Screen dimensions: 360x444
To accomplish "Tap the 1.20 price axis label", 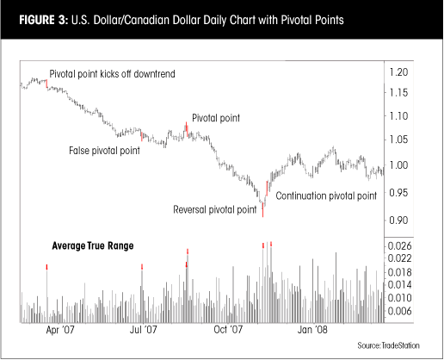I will pyautogui.click(x=400, y=71).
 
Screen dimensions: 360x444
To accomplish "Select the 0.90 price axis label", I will pyautogui.click(x=400, y=221).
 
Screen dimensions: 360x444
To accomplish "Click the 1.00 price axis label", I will pyautogui.click(x=400, y=166).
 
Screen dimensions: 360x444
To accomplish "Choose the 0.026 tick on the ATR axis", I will pyautogui.click(x=402, y=246).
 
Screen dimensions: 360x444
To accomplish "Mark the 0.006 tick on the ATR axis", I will pyautogui.click(x=402, y=312).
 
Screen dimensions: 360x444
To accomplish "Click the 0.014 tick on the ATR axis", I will pyautogui.click(x=402, y=285).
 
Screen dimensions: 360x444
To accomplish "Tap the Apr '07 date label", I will pyautogui.click(x=58, y=330).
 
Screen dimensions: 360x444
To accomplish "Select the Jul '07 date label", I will pyautogui.click(x=142, y=330).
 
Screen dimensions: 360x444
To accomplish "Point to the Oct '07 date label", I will pyautogui.click(x=228, y=330).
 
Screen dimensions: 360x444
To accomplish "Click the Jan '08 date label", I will pyautogui.click(x=312, y=330).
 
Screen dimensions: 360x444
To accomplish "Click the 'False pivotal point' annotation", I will pyautogui.click(x=104, y=151).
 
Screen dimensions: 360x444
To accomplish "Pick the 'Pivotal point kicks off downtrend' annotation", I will pyautogui.click(x=112, y=75).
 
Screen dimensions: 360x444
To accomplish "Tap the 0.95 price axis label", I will pyautogui.click(x=400, y=195).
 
